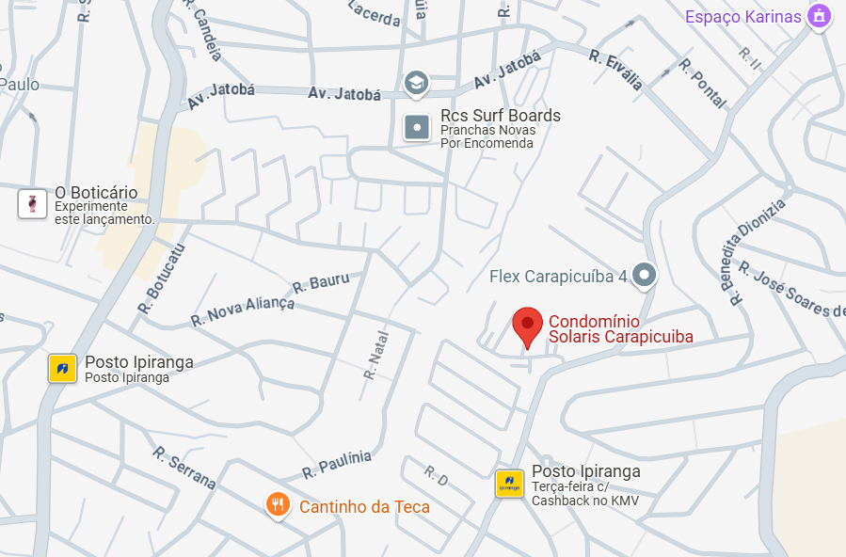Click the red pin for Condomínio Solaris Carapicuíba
pyautogui.click(x=527, y=326)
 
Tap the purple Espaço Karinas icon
pyautogui.click(x=819, y=16)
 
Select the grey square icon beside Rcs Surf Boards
pyautogui.click(x=417, y=126)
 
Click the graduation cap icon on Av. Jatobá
pyautogui.click(x=416, y=84)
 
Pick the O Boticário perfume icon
pyautogui.click(x=33, y=203)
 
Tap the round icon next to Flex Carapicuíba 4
pyautogui.click(x=644, y=275)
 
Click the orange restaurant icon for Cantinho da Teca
pyautogui.click(x=277, y=506)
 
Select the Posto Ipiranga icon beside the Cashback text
pyautogui.click(x=509, y=484)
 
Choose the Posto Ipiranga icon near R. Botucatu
pyautogui.click(x=63, y=369)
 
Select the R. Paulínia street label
pyautogui.click(x=336, y=464)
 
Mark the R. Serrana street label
pyautogui.click(x=184, y=467)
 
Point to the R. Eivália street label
pyautogui.click(x=616, y=70)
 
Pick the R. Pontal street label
pyautogui.click(x=702, y=83)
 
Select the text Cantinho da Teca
pyautogui.click(x=364, y=507)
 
